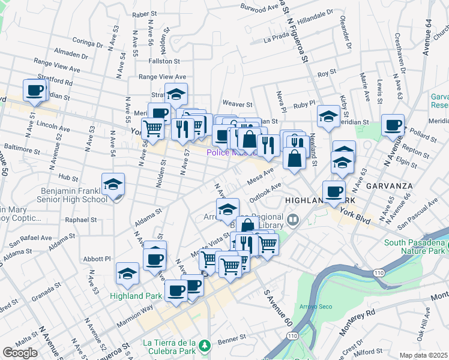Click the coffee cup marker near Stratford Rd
tap(34, 91)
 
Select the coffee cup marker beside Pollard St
tap(393, 125)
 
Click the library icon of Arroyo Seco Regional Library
tap(292, 220)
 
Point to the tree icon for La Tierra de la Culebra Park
tap(205, 346)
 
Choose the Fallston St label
tap(164, 61)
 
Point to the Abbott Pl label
tap(98, 259)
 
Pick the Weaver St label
tap(235, 103)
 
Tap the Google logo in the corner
tap(20, 352)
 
